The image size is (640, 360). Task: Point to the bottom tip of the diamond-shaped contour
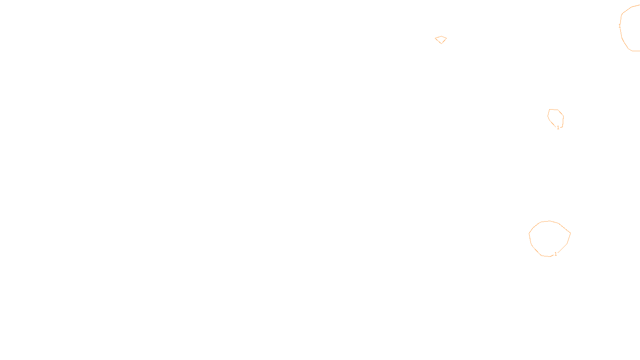[x=441, y=43]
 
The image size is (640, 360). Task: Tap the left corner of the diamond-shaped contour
[x=435, y=38]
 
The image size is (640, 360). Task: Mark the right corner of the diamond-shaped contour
[x=446, y=38]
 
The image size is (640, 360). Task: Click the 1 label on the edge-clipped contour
[x=620, y=26]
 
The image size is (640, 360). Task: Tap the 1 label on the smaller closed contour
[x=558, y=128]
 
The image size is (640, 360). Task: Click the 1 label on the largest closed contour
[x=556, y=254]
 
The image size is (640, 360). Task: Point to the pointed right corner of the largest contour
[x=570, y=232]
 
